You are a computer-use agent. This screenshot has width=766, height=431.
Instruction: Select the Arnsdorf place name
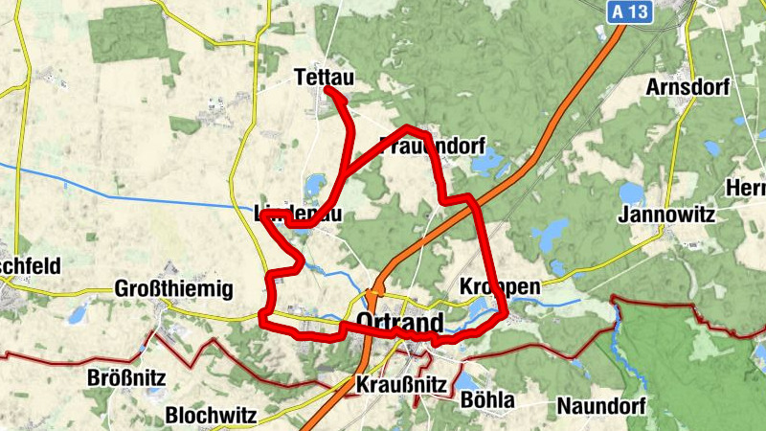(x=687, y=87)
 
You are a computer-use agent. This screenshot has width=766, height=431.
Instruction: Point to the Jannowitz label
(x=667, y=215)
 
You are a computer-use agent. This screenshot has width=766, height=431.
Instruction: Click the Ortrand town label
(x=399, y=321)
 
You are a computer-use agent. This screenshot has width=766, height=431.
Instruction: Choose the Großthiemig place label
(x=173, y=289)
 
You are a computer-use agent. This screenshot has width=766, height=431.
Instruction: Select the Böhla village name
(x=487, y=399)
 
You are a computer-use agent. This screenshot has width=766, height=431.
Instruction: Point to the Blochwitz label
(x=210, y=416)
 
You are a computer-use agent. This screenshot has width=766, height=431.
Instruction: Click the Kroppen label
(x=500, y=287)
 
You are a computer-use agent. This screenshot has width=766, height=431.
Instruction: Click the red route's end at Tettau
(x=328, y=90)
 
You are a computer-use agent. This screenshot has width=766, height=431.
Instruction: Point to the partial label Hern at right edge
(x=747, y=187)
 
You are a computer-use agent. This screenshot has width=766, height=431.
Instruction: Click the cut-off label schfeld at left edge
(x=30, y=265)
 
